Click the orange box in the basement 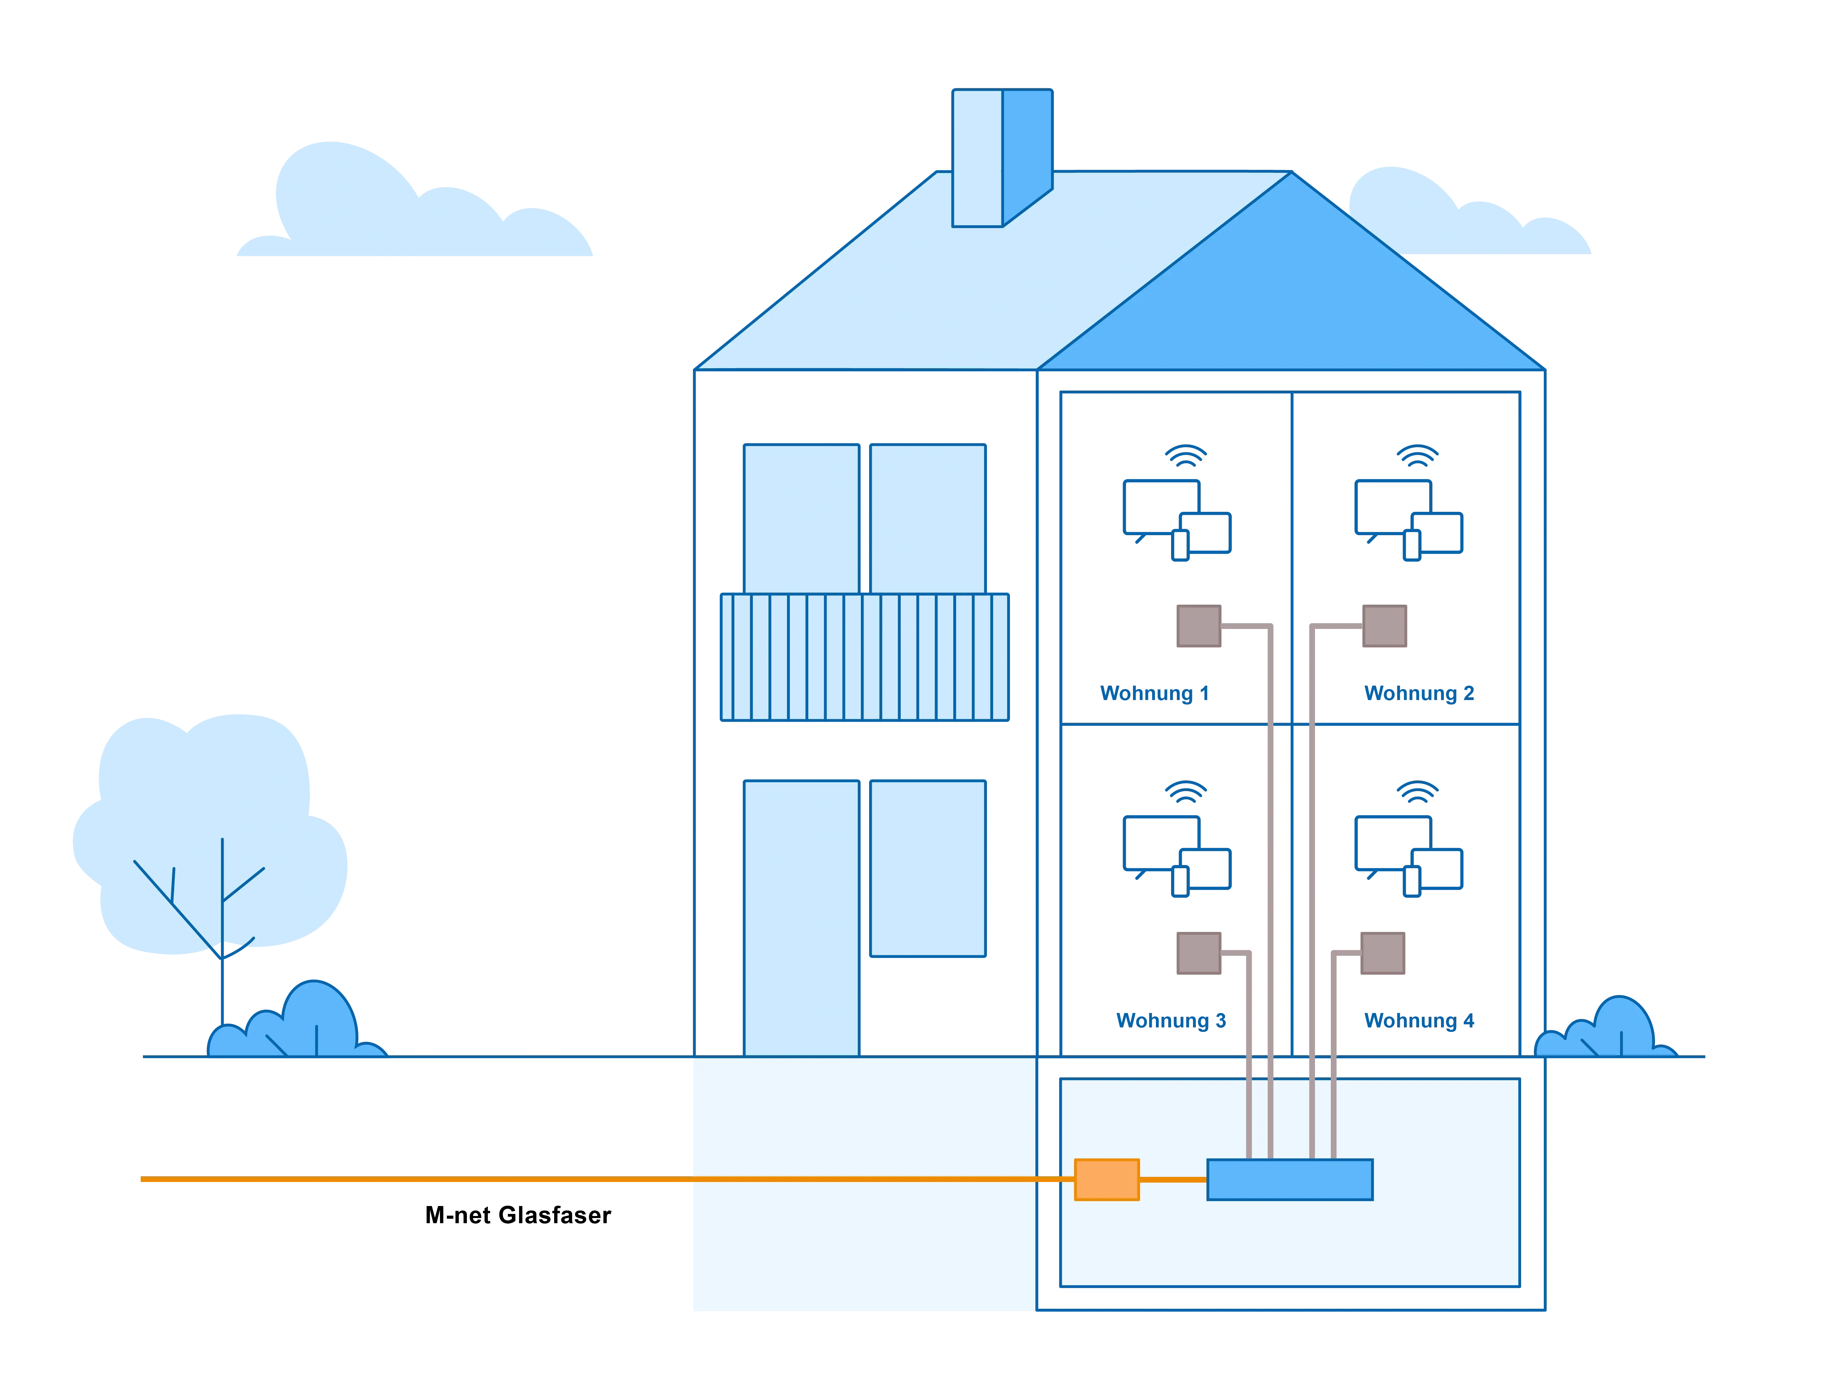pyautogui.click(x=1106, y=1179)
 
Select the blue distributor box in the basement pyautogui.click(x=1290, y=1179)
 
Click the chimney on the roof pyautogui.click(x=1002, y=157)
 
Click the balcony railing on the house pyautogui.click(x=865, y=657)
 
